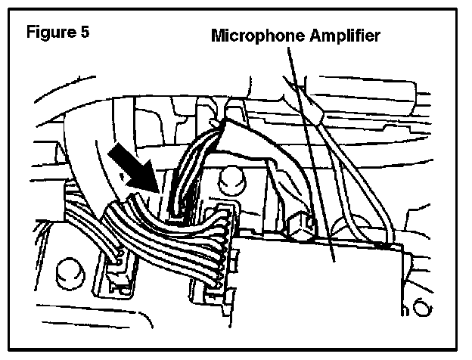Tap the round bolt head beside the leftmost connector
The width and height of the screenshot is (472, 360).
click(70, 270)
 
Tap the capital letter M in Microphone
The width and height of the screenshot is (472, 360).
click(218, 36)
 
